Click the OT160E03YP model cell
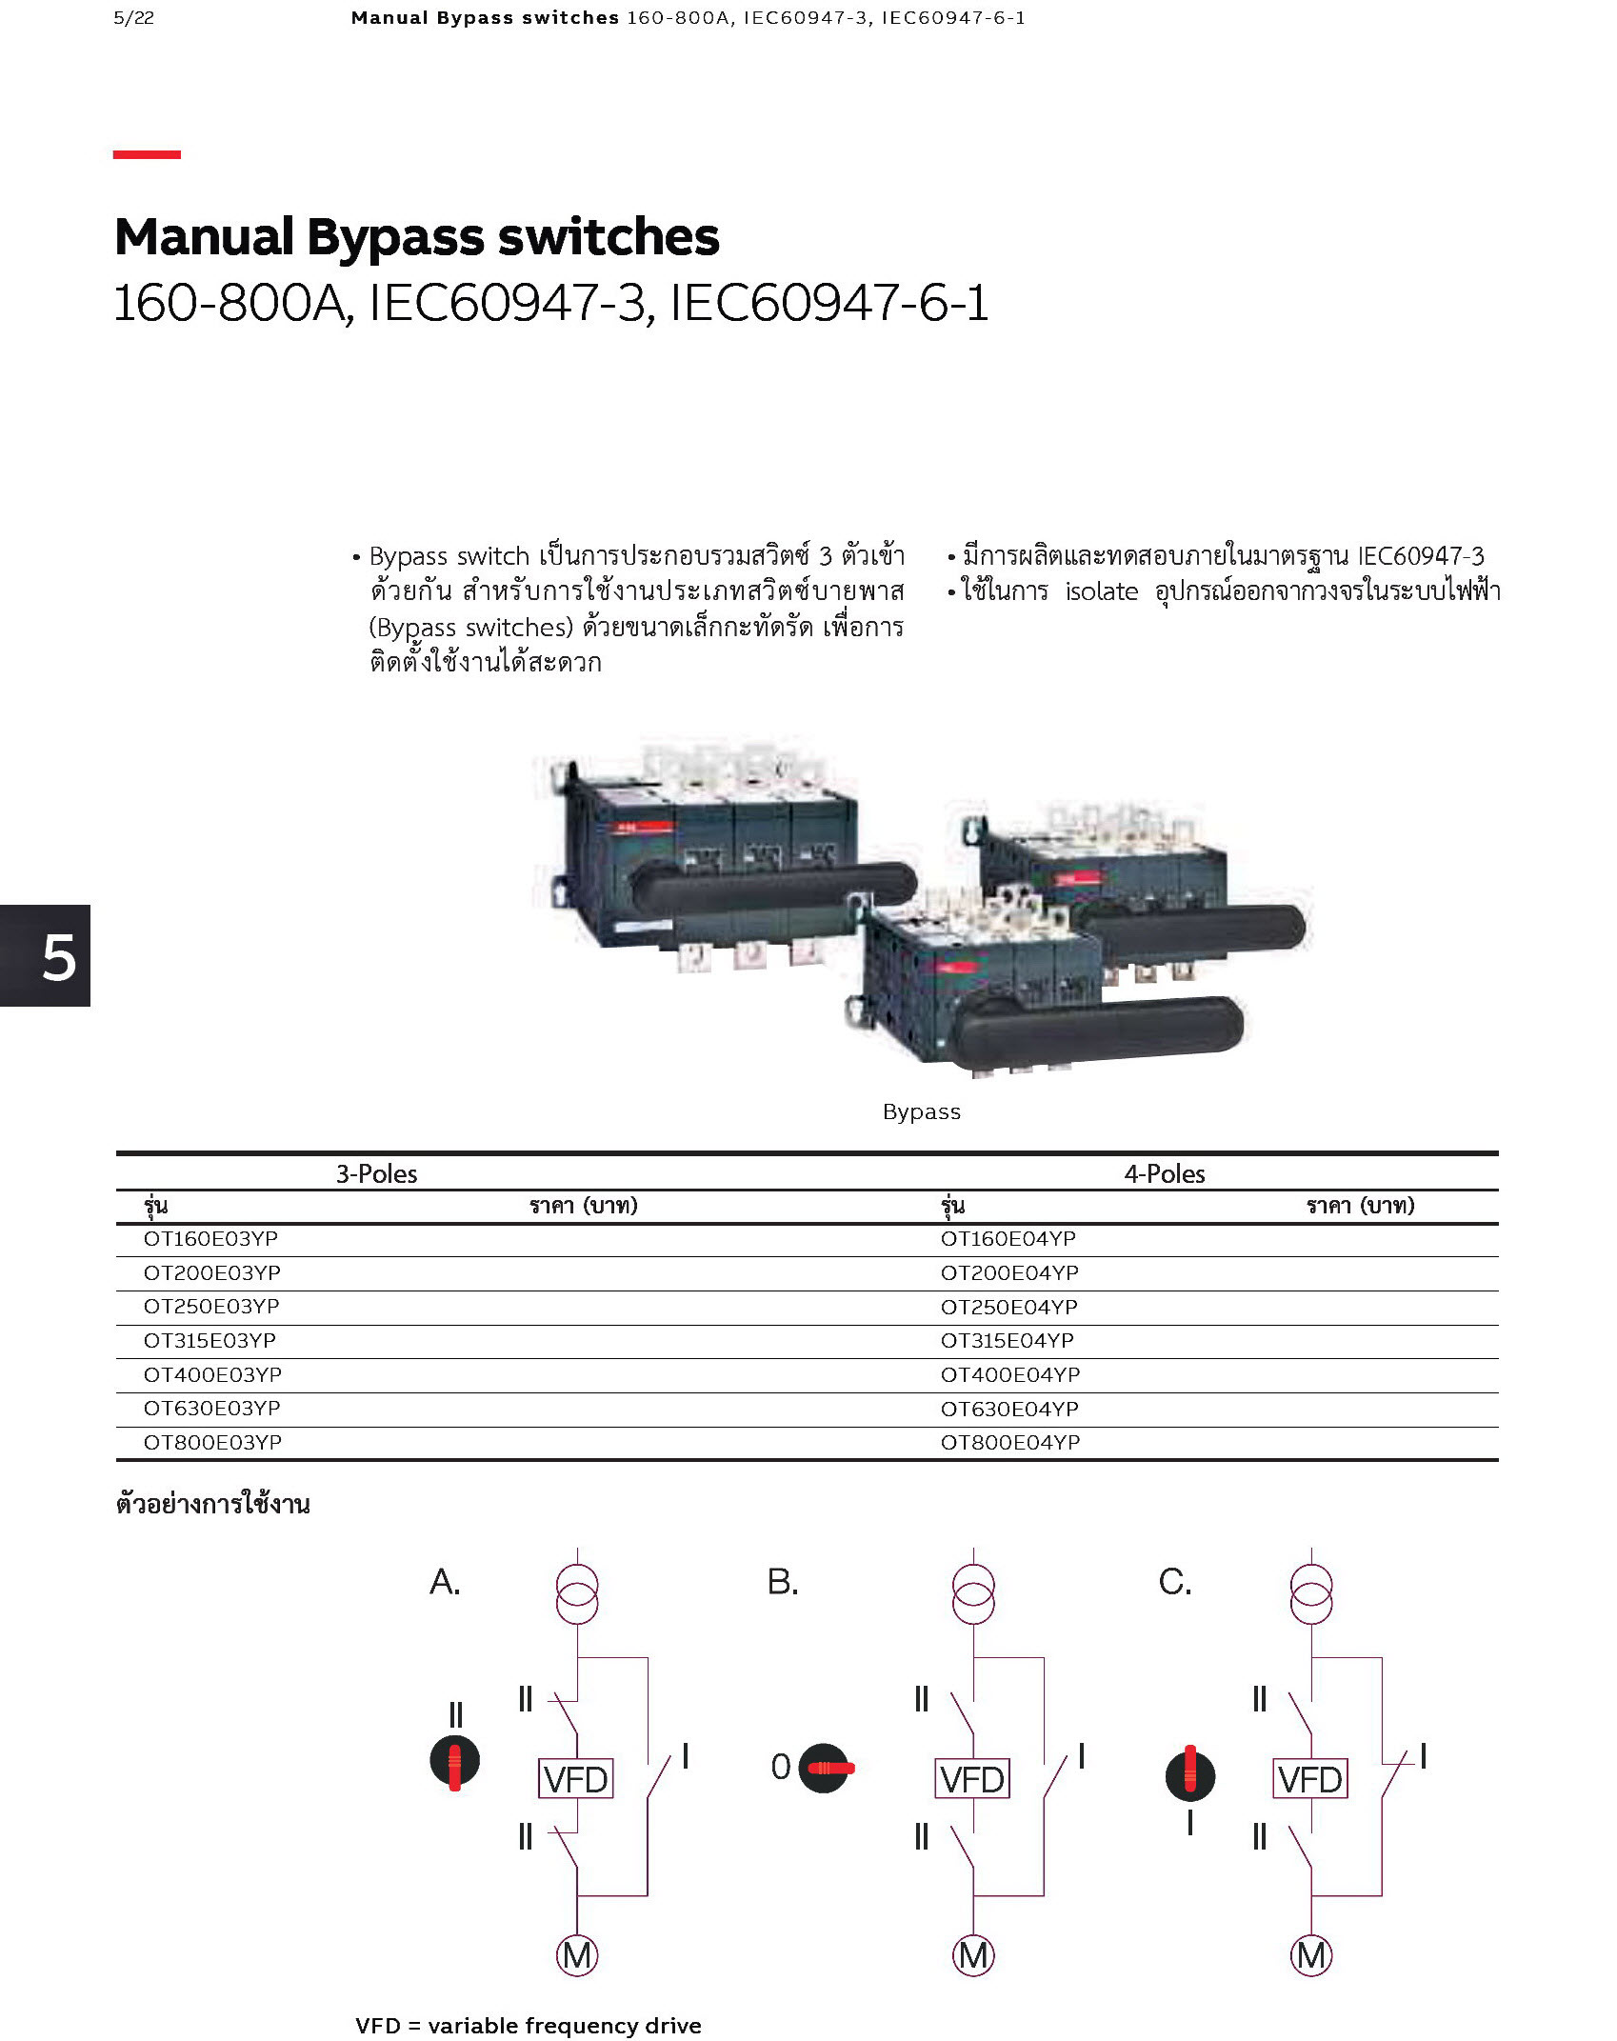(x=210, y=1238)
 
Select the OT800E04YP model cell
(x=1010, y=1442)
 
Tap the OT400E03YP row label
(x=212, y=1374)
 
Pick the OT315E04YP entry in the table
(x=1008, y=1340)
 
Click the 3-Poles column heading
(x=376, y=1173)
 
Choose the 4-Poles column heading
(x=1165, y=1173)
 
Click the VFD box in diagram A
(x=575, y=1778)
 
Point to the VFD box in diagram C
(x=1310, y=1778)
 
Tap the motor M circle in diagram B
(x=973, y=1955)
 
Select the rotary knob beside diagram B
(x=825, y=1769)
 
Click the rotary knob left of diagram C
(x=1190, y=1776)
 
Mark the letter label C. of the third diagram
(x=1175, y=1582)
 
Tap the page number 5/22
(x=133, y=18)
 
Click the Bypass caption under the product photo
(x=921, y=1111)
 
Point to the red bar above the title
(x=147, y=154)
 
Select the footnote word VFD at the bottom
(x=378, y=2026)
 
